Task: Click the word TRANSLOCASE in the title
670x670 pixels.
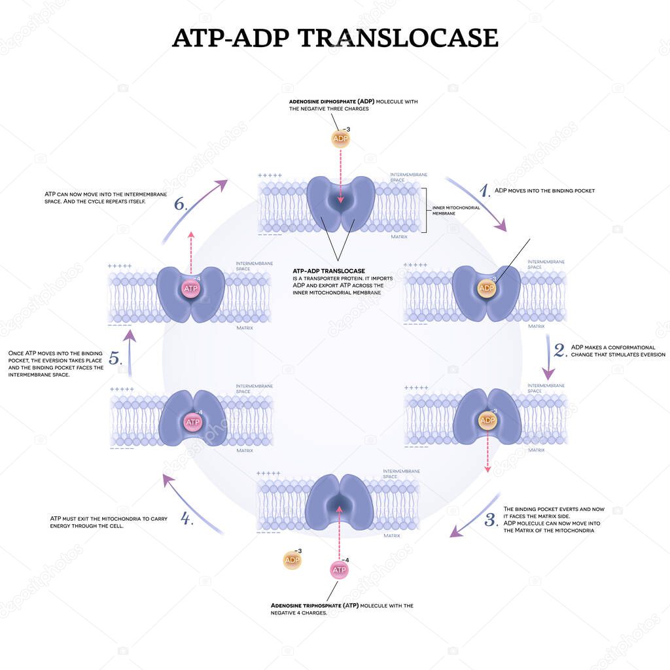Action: pos(398,38)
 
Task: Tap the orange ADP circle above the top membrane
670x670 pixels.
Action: pos(340,139)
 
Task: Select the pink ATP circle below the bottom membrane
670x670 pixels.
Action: pos(339,571)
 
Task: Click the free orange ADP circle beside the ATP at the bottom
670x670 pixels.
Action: pos(292,560)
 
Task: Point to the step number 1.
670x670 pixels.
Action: pos(485,190)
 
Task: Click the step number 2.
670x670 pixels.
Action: pos(560,350)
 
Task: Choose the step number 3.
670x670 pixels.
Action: pos(491,521)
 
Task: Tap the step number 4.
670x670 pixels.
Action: pos(186,520)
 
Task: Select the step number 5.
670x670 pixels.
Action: pos(115,359)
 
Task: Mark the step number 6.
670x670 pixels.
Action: pos(181,203)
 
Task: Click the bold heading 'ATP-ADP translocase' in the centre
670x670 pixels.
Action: pos(328,270)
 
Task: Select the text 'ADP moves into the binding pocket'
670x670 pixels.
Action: pos(544,190)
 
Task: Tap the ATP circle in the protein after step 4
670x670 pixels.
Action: pos(193,422)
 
